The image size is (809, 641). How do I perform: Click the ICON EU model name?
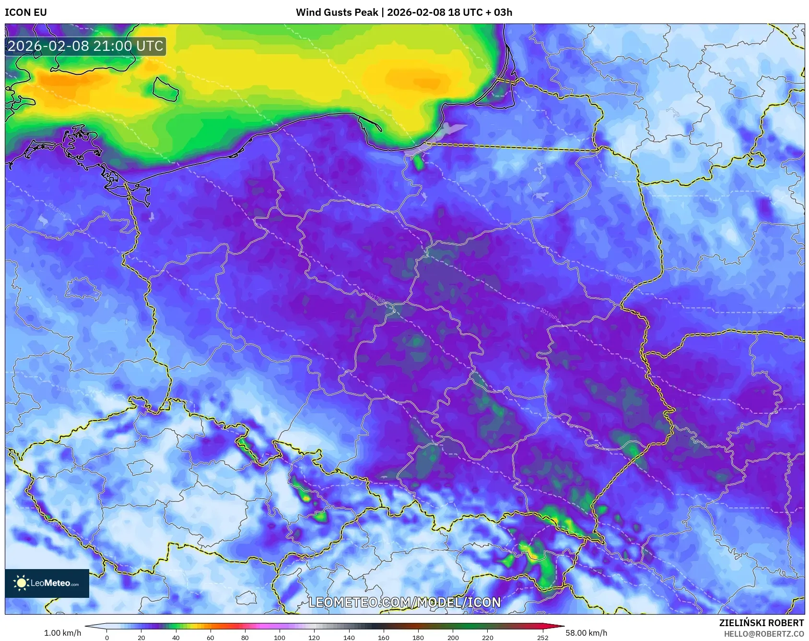[x=26, y=12]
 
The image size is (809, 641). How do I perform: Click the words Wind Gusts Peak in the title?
[x=337, y=12]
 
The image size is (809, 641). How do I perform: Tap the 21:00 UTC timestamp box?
[x=85, y=46]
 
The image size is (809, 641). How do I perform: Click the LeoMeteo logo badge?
[x=47, y=583]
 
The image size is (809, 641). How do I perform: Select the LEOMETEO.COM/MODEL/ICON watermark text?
[x=404, y=602]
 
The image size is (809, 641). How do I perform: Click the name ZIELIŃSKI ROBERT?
[x=761, y=623]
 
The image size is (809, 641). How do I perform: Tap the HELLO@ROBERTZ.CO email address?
[x=763, y=634]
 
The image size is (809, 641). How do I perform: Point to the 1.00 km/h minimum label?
[x=62, y=633]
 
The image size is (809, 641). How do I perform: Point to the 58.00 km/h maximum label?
[x=586, y=633]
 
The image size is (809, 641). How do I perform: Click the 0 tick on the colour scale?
[x=106, y=638]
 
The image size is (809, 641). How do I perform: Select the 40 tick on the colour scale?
[x=176, y=638]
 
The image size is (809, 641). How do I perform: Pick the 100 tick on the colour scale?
[x=280, y=638]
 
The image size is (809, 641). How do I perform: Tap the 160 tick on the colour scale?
[x=383, y=638]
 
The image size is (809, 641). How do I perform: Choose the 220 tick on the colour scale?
[x=487, y=638]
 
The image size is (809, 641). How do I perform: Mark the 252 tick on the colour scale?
[x=542, y=638]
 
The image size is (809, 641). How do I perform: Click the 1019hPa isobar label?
[x=550, y=314]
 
